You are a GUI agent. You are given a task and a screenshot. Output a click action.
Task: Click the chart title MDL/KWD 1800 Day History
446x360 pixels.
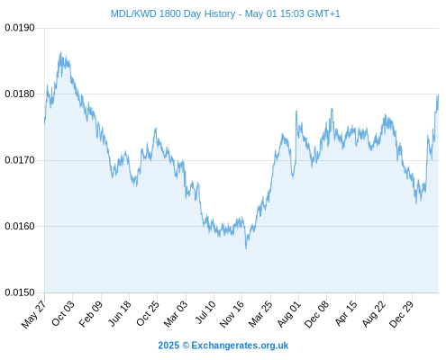(x=225, y=13)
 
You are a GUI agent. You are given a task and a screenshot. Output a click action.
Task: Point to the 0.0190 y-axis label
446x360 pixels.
(x=20, y=28)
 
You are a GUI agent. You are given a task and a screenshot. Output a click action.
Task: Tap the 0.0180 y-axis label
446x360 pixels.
(x=20, y=94)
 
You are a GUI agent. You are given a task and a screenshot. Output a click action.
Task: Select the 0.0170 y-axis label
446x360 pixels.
(x=20, y=160)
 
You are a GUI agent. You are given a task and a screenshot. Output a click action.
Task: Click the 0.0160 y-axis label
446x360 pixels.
(x=20, y=226)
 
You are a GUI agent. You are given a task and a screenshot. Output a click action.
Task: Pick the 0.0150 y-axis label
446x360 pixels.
(x=20, y=292)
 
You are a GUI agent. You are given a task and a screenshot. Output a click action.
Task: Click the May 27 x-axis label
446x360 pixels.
(x=33, y=314)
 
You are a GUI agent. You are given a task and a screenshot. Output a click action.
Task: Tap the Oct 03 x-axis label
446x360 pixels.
(x=63, y=313)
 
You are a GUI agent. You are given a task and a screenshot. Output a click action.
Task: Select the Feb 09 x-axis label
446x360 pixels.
(x=91, y=314)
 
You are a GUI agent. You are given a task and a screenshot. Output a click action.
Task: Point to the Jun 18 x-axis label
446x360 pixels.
(x=120, y=313)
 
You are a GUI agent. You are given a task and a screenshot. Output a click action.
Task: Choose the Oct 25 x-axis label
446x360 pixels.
(x=148, y=313)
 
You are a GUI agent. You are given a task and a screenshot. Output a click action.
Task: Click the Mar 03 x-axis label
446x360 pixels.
(x=176, y=314)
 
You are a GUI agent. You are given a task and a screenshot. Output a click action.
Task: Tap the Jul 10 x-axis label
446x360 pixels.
(x=205, y=312)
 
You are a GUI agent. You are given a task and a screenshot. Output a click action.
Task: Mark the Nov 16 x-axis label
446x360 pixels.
(x=232, y=314)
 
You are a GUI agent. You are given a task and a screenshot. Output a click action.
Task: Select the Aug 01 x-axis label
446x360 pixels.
(x=288, y=314)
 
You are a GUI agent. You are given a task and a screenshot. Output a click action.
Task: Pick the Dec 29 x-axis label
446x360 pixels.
(x=401, y=314)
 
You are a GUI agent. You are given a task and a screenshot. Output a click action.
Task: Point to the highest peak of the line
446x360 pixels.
(x=60, y=52)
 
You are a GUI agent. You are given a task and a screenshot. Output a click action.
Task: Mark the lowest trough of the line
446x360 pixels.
(x=246, y=248)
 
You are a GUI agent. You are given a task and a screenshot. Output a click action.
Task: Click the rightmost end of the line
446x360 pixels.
(x=439, y=94)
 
